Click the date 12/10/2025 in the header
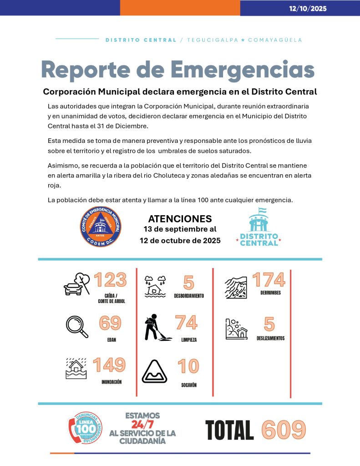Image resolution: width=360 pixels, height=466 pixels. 308,8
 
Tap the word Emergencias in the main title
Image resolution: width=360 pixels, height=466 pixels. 243,70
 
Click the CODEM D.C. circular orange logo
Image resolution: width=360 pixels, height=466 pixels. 101,227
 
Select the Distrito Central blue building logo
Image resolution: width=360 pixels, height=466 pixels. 259,227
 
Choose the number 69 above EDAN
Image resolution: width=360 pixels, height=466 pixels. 110,323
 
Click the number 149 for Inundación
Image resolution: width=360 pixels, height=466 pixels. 109,365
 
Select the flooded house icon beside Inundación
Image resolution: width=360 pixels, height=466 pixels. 76,369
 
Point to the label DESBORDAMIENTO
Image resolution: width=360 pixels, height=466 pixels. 188,296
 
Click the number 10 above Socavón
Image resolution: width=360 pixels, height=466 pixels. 188,366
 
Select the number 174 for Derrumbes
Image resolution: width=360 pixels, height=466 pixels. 269,280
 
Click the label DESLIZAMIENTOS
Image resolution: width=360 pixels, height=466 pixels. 270,338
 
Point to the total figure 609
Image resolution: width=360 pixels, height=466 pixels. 284,430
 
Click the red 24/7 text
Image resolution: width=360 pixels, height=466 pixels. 142,424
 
